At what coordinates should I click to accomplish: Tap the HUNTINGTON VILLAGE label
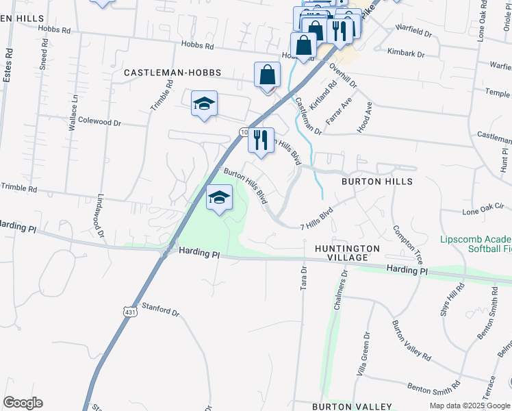(347, 253)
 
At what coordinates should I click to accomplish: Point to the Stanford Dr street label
(159, 310)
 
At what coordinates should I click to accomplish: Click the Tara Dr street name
(304, 278)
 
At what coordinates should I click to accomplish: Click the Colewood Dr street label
(100, 123)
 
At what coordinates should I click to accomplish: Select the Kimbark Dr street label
(406, 53)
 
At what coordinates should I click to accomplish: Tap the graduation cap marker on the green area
(219, 199)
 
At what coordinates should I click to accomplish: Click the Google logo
(23, 403)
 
